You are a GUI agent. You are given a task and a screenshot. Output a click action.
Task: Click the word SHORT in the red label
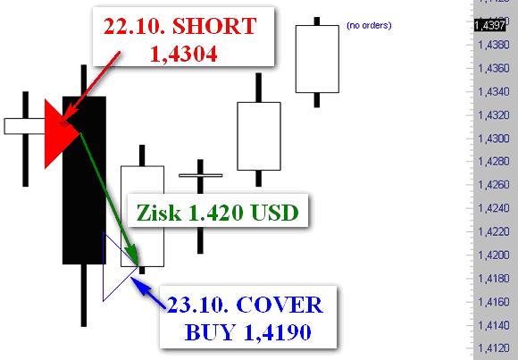point(214,26)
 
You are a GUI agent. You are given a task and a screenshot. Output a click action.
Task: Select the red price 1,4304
point(184,54)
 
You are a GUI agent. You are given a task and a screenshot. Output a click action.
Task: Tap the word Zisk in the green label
point(159,213)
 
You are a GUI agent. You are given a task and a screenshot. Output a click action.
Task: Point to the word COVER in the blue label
point(280,305)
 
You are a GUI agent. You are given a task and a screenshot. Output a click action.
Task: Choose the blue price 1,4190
point(277,332)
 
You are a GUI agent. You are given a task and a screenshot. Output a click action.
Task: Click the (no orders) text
point(369,25)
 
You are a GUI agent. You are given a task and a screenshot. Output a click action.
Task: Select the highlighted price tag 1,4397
point(490,25)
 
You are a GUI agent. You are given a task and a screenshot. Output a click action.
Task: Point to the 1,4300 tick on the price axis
point(494,138)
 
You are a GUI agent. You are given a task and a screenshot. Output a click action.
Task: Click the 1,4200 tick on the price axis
point(494,255)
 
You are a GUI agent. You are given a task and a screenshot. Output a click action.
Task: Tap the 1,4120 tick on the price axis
point(494,348)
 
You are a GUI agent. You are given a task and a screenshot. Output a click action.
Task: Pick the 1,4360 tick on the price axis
point(494,68)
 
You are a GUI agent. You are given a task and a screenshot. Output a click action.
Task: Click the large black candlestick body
point(84,180)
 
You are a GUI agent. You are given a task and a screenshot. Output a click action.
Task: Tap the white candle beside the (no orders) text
point(317,59)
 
